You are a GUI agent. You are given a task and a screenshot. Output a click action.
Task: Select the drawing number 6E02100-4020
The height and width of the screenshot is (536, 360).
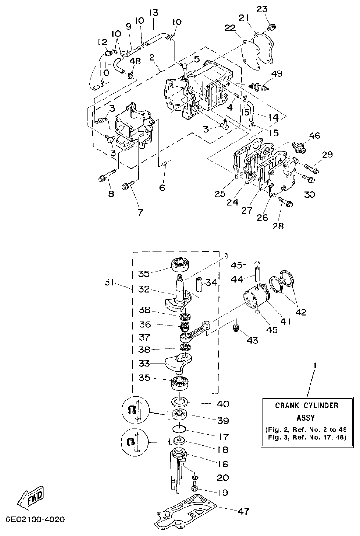point(35,520)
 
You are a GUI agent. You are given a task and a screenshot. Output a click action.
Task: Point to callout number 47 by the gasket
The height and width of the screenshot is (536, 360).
point(243,512)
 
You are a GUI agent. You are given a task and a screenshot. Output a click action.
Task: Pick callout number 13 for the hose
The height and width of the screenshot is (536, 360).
point(153,12)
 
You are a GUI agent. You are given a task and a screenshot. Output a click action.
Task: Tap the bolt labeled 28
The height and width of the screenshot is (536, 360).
point(285,202)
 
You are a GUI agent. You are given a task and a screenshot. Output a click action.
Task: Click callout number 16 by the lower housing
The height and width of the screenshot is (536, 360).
point(223,464)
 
